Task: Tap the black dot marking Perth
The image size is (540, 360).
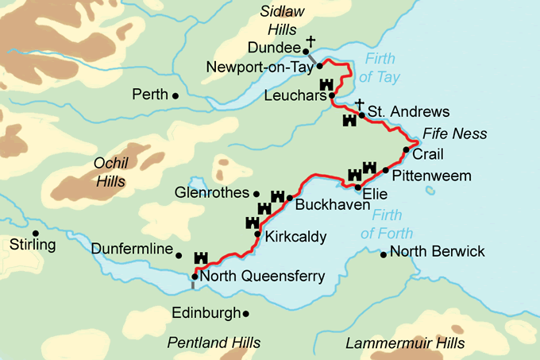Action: click(x=175, y=95)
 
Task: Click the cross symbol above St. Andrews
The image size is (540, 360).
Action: click(x=359, y=103)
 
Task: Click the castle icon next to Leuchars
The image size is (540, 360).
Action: click(x=326, y=85)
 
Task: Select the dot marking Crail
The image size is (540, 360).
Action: click(x=406, y=149)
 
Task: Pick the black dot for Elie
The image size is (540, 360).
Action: click(x=357, y=188)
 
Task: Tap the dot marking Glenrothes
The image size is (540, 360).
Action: click(x=256, y=193)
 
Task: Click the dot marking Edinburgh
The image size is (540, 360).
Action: click(x=245, y=314)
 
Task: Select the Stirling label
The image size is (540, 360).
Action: click(x=33, y=244)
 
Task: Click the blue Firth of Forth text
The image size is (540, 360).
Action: click(x=387, y=223)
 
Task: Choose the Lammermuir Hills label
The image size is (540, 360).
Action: click(x=405, y=343)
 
